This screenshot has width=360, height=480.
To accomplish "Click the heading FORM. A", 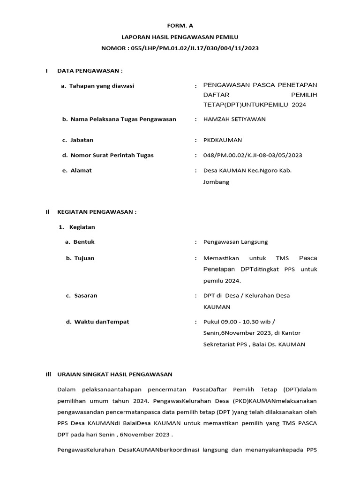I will click(180, 26).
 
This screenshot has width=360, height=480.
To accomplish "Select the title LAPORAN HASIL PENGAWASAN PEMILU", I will click(180, 37).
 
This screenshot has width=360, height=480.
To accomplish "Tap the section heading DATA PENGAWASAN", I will click(90, 71).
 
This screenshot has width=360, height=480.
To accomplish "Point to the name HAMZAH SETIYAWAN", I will click(234, 119).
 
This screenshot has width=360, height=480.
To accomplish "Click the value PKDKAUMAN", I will click(223, 140).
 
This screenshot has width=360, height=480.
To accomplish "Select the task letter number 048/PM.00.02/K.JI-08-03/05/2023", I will click(253, 155).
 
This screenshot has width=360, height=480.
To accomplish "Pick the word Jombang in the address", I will click(216, 182).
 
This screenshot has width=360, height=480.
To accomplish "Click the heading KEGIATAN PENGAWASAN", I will click(97, 212).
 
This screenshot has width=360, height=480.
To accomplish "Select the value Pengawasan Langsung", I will click(235, 242).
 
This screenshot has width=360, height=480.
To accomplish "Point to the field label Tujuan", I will click(84, 258).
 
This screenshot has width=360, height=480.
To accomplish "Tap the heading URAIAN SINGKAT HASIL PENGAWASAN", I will click(115, 375).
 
